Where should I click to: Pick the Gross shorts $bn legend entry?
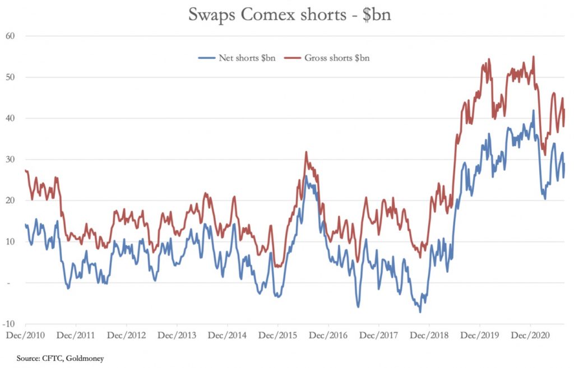tap(336, 58)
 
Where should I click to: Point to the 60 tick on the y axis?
tap(10, 36)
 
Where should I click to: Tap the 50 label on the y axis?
tap(10, 77)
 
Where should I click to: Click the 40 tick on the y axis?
tap(10, 118)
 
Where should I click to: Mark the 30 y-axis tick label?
tap(10, 160)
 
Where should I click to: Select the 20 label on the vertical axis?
tap(10, 201)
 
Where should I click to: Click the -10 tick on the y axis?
tap(9, 324)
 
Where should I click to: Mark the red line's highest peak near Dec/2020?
tap(533, 56)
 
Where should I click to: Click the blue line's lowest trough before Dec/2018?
tap(420, 311)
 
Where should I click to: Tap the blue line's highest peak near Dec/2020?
tap(533, 110)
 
